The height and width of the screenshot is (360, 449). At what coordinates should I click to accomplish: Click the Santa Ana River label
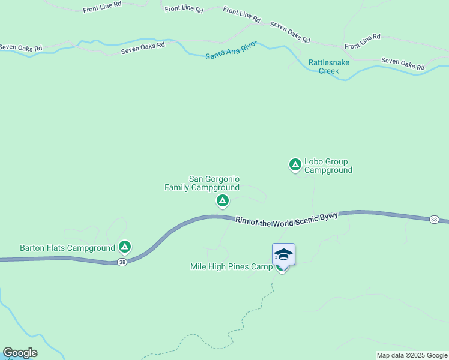pyautogui.click(x=231, y=50)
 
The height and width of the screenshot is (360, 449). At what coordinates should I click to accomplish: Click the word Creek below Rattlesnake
pyautogui.click(x=328, y=71)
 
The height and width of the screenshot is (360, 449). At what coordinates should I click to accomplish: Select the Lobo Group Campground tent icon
pyautogui.click(x=295, y=164)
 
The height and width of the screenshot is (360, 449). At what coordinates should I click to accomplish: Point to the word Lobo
pyautogui.click(x=314, y=161)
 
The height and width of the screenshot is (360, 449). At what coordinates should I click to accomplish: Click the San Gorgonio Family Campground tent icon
pyautogui.click(x=222, y=200)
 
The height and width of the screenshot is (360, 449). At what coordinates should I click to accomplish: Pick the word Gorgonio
pyautogui.click(x=223, y=179)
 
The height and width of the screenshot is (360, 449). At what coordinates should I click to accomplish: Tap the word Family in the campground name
pyautogui.click(x=177, y=187)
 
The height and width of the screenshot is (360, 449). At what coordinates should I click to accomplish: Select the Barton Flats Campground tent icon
pyautogui.click(x=124, y=246)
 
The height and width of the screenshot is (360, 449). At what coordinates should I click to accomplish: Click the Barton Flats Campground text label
pyautogui.click(x=67, y=247)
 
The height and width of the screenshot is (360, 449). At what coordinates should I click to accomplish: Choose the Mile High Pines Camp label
pyautogui.click(x=231, y=266)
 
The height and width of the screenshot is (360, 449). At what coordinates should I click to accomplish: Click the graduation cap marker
pyautogui.click(x=283, y=254)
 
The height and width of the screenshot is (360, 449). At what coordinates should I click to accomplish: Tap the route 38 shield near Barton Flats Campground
pyautogui.click(x=122, y=262)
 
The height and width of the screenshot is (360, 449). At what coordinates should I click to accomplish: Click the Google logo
pyautogui.click(x=20, y=353)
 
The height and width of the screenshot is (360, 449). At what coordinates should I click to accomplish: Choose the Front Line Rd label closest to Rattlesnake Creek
pyautogui.click(x=362, y=41)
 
